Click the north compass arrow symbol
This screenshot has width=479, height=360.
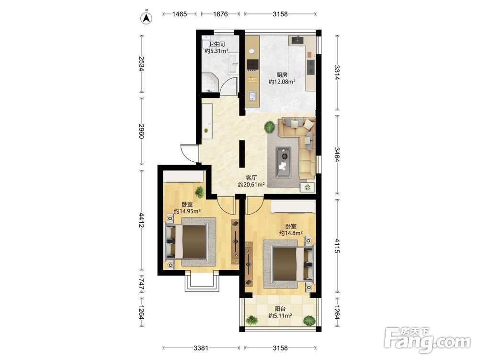coord(146,18)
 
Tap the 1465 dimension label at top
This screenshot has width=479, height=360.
coord(179,14)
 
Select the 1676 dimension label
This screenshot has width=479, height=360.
coord(220,14)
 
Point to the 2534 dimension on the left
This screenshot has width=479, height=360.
coord(141,64)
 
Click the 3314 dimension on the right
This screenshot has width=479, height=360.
coord(337,72)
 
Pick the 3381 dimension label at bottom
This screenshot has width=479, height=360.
coord(201,348)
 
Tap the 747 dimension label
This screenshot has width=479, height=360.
coord(141,284)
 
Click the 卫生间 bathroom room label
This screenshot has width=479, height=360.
coord(217,44)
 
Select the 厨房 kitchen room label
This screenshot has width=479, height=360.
coord(282,75)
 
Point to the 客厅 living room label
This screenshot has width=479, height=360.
coord(251,178)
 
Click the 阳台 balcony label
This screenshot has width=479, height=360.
coord(280,309)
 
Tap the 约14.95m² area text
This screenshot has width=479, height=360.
coord(187,211)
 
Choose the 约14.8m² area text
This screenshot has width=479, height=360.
coord(291,233)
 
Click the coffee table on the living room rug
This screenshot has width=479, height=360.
coord(283,162)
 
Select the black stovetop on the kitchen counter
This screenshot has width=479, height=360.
coord(252,64)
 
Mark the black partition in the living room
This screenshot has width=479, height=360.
coord(241,154)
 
